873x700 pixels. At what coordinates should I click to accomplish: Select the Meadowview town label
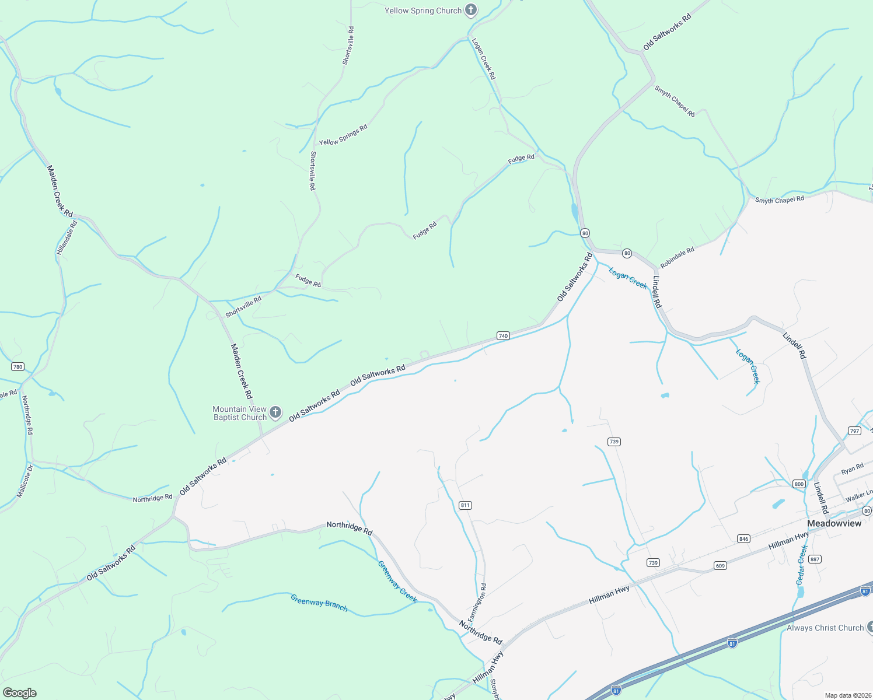tap(834, 523)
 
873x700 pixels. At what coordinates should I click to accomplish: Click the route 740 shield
tap(503, 335)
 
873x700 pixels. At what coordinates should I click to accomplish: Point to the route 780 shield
tap(18, 367)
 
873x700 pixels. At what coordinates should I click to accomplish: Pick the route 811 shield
tap(465, 505)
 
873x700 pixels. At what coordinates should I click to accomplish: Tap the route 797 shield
tap(855, 431)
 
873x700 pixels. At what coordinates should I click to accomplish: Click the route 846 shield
tap(743, 539)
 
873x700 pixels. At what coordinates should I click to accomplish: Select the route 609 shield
tap(720, 566)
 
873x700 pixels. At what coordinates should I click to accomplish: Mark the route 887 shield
tap(815, 559)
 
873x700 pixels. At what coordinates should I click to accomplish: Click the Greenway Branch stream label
tap(319, 603)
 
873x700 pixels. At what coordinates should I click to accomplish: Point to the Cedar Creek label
tap(802, 565)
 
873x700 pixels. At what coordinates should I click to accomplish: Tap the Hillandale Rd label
tap(67, 237)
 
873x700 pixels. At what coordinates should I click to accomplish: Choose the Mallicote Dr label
tap(25, 481)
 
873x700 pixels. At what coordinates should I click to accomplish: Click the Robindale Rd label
tap(677, 258)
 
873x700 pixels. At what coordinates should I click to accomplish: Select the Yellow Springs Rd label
tap(343, 135)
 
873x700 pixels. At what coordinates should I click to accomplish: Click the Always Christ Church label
tap(825, 628)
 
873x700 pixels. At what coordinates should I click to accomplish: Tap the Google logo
tap(20, 693)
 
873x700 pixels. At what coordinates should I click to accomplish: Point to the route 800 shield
tap(799, 484)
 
